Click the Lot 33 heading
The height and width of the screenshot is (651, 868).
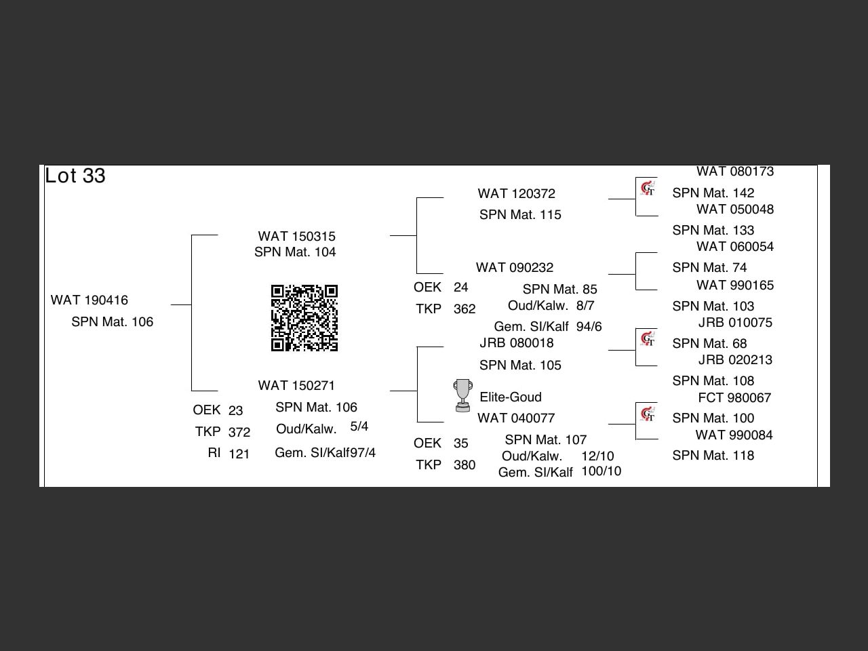click(x=75, y=176)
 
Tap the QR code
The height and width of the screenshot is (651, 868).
click(x=304, y=318)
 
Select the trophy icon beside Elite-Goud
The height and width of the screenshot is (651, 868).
click(x=463, y=395)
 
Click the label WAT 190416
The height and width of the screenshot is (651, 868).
click(x=90, y=300)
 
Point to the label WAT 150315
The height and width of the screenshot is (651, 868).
click(x=296, y=236)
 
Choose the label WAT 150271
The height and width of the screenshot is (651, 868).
click(x=296, y=385)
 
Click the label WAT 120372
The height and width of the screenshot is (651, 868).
click(x=516, y=193)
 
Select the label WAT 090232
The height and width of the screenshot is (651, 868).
click(x=515, y=267)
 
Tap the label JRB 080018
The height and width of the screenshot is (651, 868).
click(x=517, y=343)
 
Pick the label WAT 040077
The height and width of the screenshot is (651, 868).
click(x=516, y=418)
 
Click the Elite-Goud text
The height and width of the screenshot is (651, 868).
click(x=511, y=397)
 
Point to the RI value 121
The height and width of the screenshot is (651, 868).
click(x=239, y=454)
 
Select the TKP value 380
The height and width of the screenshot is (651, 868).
click(x=465, y=465)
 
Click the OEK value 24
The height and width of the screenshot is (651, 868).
click(x=461, y=287)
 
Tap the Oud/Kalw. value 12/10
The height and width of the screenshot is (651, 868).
click(x=597, y=456)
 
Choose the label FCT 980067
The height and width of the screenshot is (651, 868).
click(x=734, y=397)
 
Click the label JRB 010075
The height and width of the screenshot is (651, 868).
click(x=735, y=323)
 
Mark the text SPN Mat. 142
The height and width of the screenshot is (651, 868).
click(x=713, y=193)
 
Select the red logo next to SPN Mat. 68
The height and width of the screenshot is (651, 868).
click(x=648, y=338)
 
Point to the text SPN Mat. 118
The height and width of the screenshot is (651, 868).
click(x=713, y=456)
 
